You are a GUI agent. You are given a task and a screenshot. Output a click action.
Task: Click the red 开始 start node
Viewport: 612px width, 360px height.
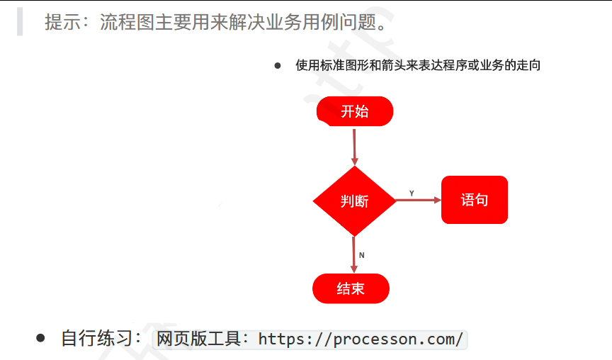click(355, 111)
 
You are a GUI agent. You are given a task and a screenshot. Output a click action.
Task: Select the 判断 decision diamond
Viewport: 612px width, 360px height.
click(354, 201)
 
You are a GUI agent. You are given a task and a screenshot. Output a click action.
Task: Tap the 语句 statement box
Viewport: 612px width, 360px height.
click(475, 200)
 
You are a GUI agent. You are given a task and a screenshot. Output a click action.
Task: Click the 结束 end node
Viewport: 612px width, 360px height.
click(351, 288)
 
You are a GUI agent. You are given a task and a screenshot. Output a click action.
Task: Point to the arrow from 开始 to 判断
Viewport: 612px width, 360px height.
click(354, 146)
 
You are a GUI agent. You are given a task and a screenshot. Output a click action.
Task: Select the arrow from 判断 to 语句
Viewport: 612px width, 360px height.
click(418, 201)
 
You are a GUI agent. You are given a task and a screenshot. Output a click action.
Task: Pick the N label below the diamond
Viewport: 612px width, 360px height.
click(361, 254)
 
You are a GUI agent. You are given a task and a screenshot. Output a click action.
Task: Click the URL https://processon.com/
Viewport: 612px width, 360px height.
click(361, 339)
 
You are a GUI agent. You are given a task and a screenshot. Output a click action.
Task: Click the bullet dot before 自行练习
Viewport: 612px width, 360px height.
click(40, 338)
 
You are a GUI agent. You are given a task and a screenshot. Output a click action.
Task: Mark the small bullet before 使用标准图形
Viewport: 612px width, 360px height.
click(278, 66)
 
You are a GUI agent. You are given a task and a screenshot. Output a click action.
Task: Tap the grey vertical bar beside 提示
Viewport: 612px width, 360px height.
click(20, 22)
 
